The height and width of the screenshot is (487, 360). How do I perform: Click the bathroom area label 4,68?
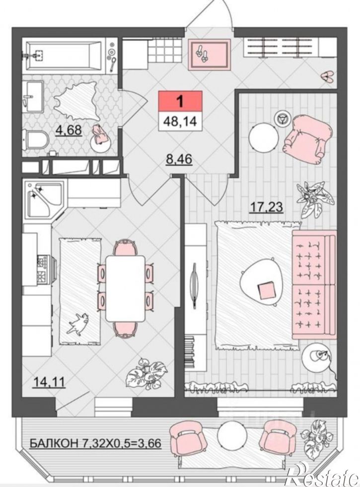(x=69, y=130)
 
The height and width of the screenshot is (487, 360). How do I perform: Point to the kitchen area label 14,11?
(x=49, y=382)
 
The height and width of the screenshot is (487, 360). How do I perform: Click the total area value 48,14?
(x=180, y=120)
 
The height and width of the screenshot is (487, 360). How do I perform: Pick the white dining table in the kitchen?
(x=126, y=288)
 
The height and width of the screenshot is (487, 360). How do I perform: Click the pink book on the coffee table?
(x=267, y=290)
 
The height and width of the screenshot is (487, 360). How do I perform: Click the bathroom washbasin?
(x=34, y=95)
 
